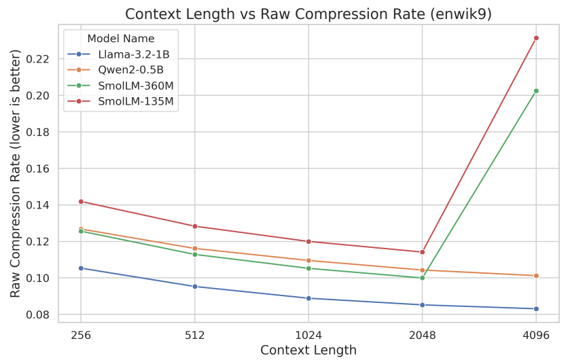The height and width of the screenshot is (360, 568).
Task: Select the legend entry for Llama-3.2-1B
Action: coord(132,54)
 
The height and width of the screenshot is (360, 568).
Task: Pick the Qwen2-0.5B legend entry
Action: coord(130,70)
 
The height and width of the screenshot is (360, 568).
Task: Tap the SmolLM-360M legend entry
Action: coord(135,86)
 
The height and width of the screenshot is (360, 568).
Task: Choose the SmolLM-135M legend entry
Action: coord(135,101)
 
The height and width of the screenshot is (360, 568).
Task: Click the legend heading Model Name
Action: coord(121,39)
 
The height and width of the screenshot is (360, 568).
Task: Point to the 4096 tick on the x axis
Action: coord(536,335)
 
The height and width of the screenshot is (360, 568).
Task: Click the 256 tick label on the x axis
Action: coord(81,335)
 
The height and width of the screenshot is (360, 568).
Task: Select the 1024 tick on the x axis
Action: coord(308,335)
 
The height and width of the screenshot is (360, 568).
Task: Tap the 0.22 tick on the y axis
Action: coord(40,59)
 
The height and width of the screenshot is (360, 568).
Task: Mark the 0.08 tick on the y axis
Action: coord(40,314)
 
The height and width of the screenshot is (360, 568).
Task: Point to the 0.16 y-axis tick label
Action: coord(40,168)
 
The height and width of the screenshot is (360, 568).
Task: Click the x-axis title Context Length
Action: coord(308,350)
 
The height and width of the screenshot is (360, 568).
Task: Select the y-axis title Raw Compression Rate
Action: coord(16,173)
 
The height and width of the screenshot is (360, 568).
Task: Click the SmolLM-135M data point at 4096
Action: coord(536,38)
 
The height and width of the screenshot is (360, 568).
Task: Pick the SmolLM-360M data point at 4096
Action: coord(536,91)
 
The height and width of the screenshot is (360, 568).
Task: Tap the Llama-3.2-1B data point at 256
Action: coord(81,268)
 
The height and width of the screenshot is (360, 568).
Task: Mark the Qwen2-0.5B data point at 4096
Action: coord(536,276)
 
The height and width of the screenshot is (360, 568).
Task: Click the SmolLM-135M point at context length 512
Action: coord(195,226)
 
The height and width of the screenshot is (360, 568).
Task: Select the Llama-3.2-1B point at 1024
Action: coord(308,298)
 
